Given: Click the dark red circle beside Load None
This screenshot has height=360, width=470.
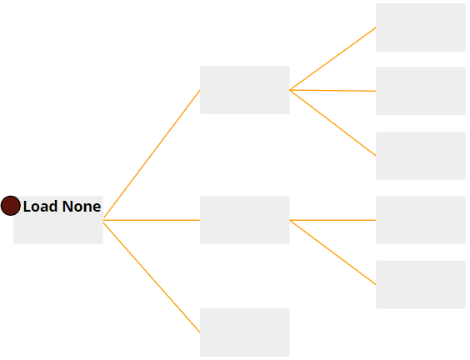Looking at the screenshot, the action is coord(11,206).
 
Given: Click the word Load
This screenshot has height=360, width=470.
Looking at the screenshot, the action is coord(41,207).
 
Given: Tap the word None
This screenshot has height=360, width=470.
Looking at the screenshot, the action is coord(82,207).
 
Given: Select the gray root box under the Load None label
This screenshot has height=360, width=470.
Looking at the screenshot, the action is coord(58,220).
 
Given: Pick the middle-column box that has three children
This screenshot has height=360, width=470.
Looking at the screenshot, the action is coord(245,90).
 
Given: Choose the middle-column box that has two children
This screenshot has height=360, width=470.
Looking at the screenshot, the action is coord(245,220).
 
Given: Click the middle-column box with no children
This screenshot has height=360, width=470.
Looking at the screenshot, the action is coord(245,332).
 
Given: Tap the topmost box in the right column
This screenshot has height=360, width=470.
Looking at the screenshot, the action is coord(421,27).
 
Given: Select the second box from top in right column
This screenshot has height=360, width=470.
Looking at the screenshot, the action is coord(421,91).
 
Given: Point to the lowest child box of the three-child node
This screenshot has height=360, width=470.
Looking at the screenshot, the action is coord(421,156).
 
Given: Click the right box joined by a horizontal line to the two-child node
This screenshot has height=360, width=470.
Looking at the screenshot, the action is coord(421,220).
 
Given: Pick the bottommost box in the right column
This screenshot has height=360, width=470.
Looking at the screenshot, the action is coord(421,284).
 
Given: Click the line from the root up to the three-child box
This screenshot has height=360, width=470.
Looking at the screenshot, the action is coord(152,154).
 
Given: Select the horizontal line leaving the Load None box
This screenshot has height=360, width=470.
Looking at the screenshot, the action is coord(152,220).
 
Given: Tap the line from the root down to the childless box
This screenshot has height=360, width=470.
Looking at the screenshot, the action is coord(152,277).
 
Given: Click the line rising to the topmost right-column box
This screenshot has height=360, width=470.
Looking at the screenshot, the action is coord(332,59).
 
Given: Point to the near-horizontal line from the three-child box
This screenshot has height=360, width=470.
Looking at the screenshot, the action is coord(332,91).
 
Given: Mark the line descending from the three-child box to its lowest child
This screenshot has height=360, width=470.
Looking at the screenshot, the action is coord(332,122).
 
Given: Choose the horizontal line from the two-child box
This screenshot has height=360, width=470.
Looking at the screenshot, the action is coord(332,220).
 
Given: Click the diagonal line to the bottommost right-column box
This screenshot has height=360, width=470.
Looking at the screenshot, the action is coord(332,252).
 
